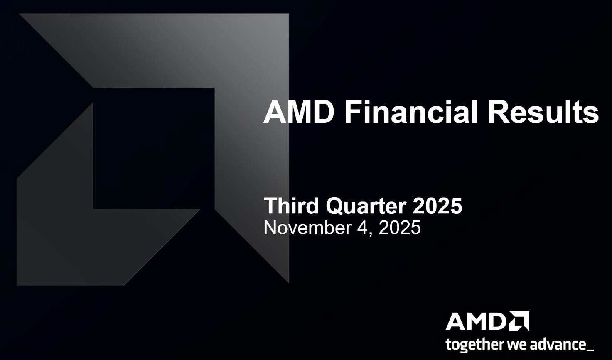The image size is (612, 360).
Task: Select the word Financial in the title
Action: click(x=410, y=112)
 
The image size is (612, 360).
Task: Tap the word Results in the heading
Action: click(x=543, y=112)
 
